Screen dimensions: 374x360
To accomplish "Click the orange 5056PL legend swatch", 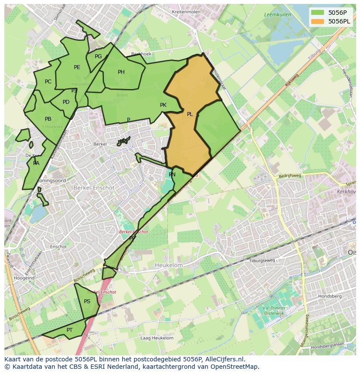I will click(318, 21).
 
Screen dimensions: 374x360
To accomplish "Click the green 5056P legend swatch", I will click(318, 13).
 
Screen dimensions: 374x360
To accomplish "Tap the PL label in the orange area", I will click(190, 114).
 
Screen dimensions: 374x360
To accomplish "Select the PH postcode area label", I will click(121, 72).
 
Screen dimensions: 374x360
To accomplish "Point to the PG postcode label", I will click(98, 56).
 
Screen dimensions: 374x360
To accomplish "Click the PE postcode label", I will click(77, 67).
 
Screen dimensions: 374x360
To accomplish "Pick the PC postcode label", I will click(48, 82).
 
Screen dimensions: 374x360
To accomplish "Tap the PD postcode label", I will click(66, 103).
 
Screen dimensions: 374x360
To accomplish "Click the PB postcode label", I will click(48, 119).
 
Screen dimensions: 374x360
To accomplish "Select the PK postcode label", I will click(163, 105).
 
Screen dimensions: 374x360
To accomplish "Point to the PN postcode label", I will click(172, 175).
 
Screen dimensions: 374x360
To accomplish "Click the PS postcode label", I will click(87, 301).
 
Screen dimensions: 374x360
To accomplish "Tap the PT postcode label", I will click(70, 330).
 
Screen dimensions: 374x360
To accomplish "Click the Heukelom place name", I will click(169, 265).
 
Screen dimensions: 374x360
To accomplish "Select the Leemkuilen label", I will click(277, 15).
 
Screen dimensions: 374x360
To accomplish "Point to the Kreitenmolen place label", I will click(186, 12).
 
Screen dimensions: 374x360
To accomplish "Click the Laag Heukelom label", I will click(157, 338).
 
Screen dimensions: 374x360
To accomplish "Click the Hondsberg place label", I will click(330, 296).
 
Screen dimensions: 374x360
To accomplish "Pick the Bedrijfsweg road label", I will click(290, 176).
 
